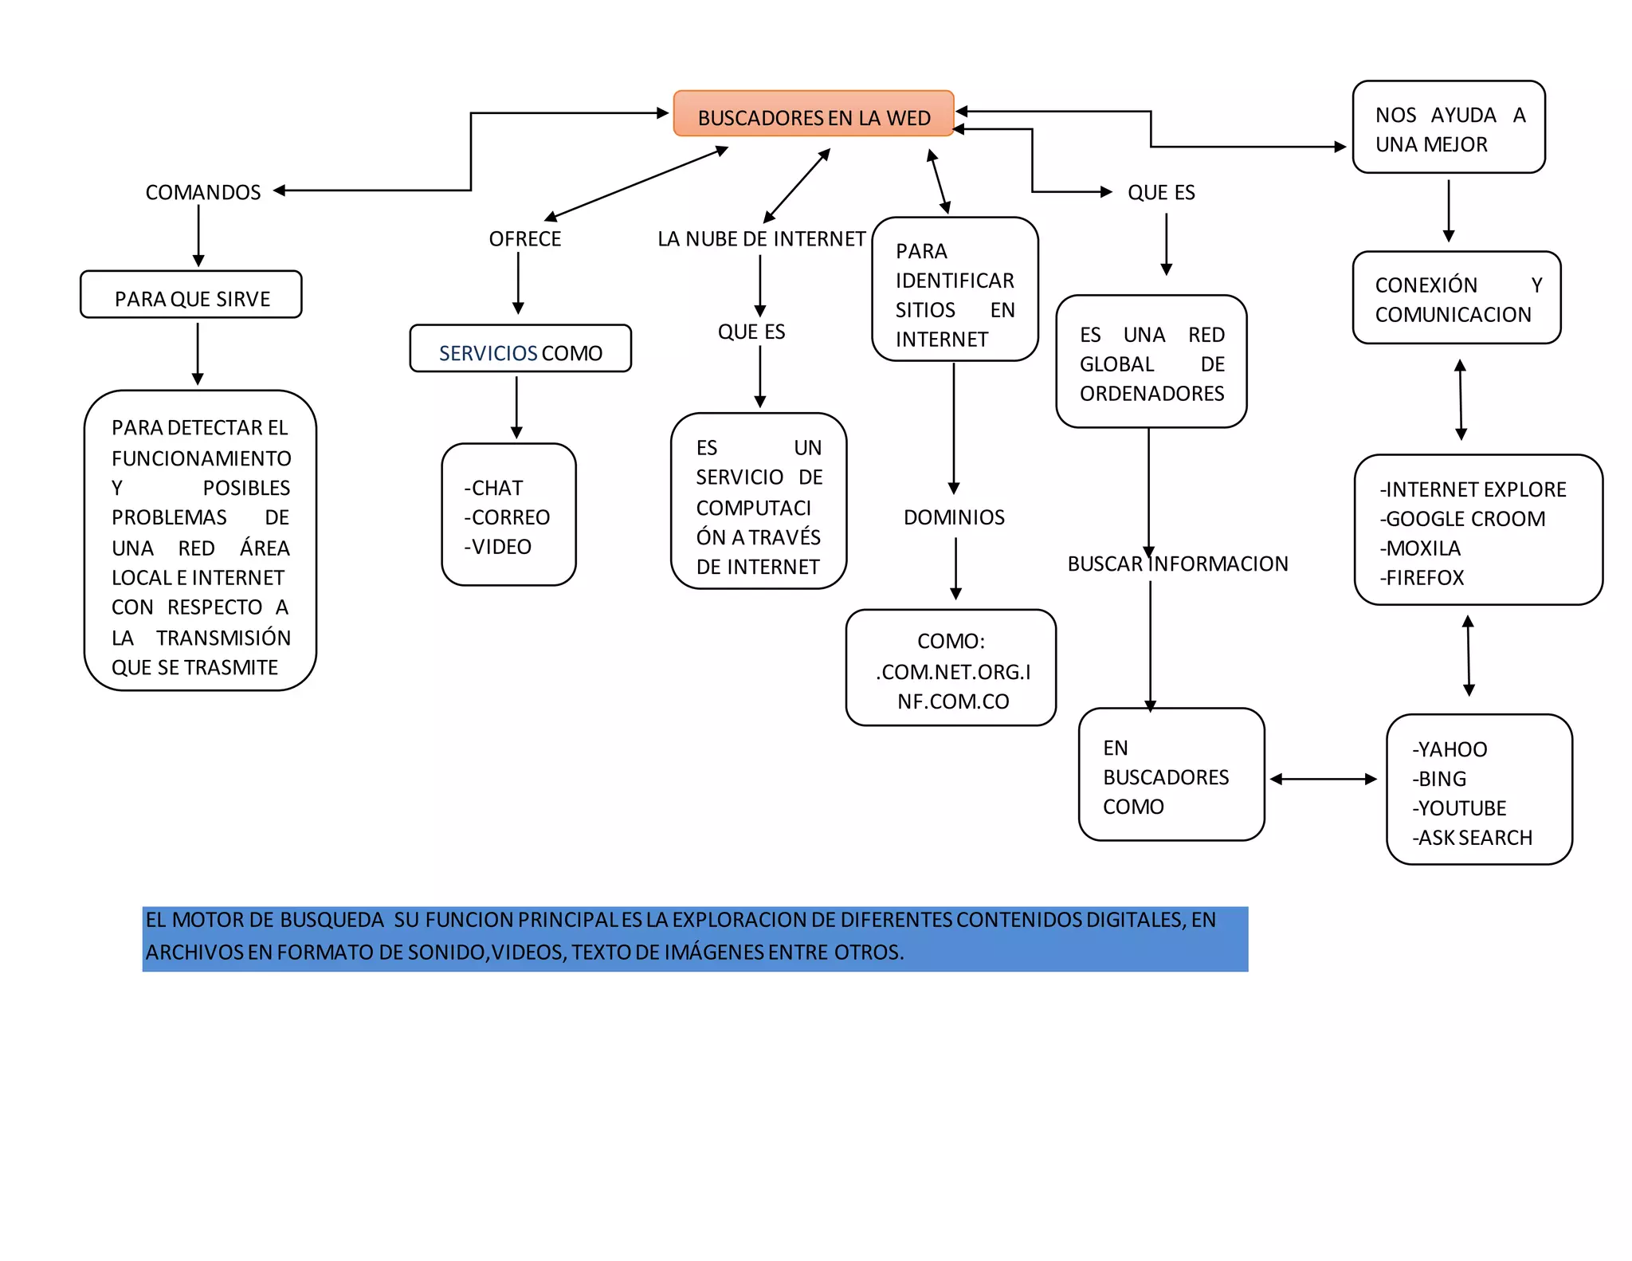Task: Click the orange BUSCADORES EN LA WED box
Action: click(813, 114)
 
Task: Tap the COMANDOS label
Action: click(202, 192)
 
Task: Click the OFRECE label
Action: click(524, 239)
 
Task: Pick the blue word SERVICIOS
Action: click(488, 353)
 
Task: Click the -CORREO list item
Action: click(507, 517)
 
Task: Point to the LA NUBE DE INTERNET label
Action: click(761, 239)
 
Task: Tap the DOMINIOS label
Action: click(954, 517)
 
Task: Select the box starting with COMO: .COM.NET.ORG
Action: click(951, 669)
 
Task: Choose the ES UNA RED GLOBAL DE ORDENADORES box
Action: click(1151, 363)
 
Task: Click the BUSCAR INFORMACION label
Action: click(1177, 564)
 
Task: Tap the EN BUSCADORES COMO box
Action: click(1171, 775)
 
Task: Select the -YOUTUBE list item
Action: click(1459, 808)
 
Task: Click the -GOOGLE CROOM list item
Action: click(1462, 519)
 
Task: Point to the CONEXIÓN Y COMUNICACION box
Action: click(1456, 298)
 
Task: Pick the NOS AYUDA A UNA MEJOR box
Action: click(1448, 128)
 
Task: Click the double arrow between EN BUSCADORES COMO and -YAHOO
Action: click(1323, 779)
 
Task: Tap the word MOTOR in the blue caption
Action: click(208, 920)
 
